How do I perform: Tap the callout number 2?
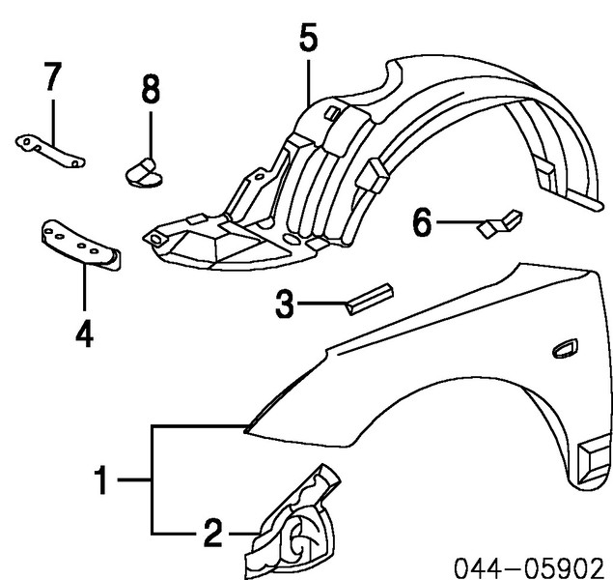(212, 532)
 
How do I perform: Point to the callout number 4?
(84, 333)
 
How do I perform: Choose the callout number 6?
(422, 224)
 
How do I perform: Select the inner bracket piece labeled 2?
(294, 527)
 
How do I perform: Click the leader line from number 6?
(455, 224)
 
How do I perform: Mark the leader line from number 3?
(319, 305)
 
